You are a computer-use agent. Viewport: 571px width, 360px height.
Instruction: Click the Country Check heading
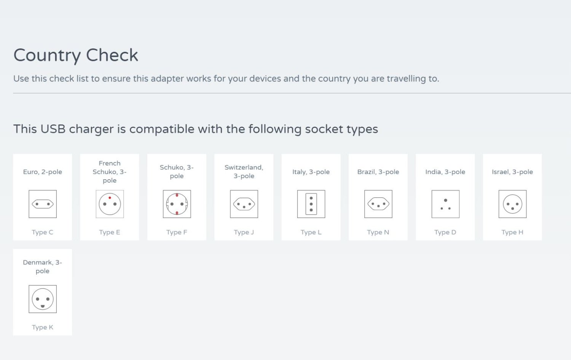point(76,55)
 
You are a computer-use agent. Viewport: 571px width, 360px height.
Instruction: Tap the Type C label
point(43,232)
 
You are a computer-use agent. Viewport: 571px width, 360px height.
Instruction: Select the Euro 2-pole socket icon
point(43,204)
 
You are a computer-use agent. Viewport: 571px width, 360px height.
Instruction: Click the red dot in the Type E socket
point(110,198)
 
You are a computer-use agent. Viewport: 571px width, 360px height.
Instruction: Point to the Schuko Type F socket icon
point(177,204)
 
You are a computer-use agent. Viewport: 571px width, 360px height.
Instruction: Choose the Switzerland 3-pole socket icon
point(244,204)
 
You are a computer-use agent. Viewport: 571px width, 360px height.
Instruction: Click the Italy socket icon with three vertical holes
point(311,204)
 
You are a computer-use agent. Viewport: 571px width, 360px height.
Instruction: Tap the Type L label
point(311,232)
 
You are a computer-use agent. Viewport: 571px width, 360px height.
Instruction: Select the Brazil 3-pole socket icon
point(378,204)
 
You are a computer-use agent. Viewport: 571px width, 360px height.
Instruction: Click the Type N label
point(378,232)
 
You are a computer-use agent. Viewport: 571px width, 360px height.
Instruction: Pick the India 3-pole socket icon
point(445,204)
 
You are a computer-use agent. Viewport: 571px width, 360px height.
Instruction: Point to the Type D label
point(445,232)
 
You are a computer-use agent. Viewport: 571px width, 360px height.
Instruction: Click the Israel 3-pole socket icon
point(513,204)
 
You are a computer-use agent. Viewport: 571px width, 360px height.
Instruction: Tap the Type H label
point(512,232)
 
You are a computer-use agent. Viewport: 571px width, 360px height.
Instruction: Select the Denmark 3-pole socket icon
point(43,299)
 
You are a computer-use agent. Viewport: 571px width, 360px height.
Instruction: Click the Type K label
point(43,327)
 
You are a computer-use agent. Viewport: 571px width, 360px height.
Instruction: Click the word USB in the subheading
point(53,129)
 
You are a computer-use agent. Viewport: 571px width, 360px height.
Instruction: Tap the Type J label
point(244,232)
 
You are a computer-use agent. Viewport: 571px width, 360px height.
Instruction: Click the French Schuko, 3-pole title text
point(110,172)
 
